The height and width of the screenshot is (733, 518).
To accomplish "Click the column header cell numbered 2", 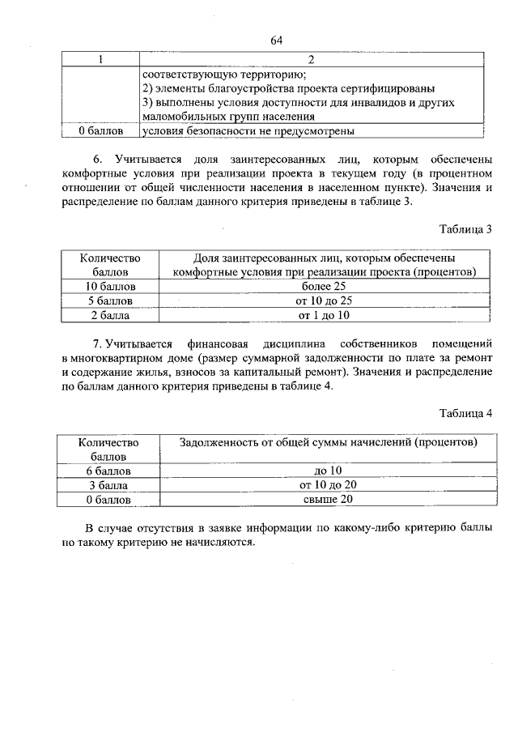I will point(311,60).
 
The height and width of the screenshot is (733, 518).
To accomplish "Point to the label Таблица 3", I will point(465,229).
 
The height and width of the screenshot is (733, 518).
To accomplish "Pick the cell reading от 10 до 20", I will point(328,485).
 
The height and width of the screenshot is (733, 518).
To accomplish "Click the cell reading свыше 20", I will point(328,500).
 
